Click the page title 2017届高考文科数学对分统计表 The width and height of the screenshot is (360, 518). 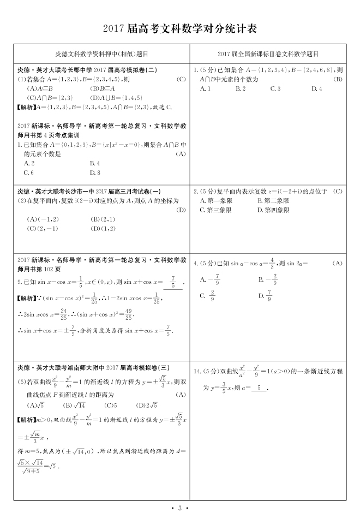pyautogui.click(x=179, y=28)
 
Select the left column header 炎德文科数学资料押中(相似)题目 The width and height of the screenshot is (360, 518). pyautogui.click(x=102, y=55)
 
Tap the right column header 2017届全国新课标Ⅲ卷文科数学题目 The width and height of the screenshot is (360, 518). pyautogui.click(x=268, y=55)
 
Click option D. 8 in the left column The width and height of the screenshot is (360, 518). pyautogui.click(x=94, y=173)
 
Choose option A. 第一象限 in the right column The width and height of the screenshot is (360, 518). pyautogui.click(x=217, y=200)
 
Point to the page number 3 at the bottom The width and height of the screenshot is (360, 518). pyautogui.click(x=179, y=508)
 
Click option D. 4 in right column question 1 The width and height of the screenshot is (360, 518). pyautogui.click(x=316, y=88)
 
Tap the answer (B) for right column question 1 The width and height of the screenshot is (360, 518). pyautogui.click(x=338, y=79)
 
